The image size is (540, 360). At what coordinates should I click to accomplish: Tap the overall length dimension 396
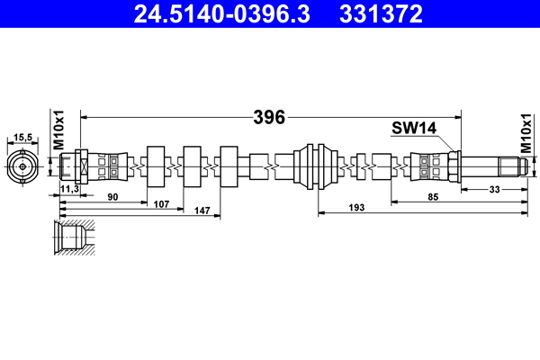[x=269, y=117]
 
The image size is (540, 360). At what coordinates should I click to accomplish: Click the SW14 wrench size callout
[x=413, y=128]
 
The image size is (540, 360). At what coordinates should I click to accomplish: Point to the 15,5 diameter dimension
[x=23, y=137]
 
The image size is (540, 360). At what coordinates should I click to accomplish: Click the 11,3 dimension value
[x=68, y=189]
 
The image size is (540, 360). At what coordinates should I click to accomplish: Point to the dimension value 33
[x=494, y=189]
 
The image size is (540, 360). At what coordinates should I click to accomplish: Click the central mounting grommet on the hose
[x=318, y=166]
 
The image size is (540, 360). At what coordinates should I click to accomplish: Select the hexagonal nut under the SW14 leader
[x=454, y=166]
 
